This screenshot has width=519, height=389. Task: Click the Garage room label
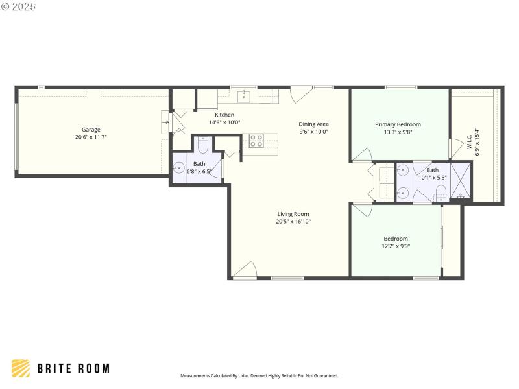pos(91,130)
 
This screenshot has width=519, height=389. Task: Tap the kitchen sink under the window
pos(245,97)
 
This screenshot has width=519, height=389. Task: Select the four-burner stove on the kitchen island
pos(256,141)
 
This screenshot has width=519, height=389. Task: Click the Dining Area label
pos(313,124)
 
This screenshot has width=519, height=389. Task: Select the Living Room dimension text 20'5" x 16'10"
pos(293,222)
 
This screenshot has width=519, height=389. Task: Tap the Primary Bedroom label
pos(398,124)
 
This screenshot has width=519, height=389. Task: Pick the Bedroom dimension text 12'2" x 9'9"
pos(395,246)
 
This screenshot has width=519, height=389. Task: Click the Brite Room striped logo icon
pos(21,368)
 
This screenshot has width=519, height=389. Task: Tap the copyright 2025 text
pos(19,6)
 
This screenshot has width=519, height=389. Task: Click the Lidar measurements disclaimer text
pos(259,375)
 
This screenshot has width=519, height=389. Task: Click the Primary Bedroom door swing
pos(363,155)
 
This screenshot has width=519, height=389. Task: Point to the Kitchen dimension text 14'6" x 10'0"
pos(224,123)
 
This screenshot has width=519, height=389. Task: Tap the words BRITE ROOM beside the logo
pos(73,368)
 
